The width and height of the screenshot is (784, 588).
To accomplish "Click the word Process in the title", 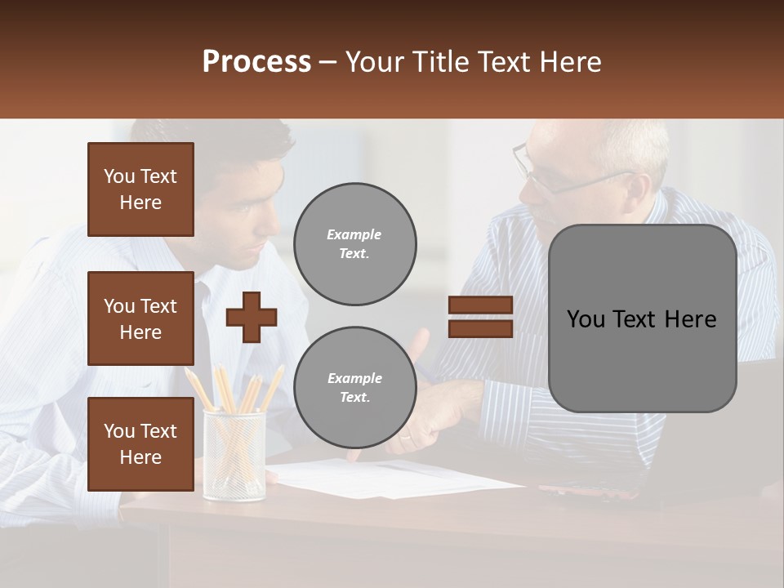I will (x=256, y=62).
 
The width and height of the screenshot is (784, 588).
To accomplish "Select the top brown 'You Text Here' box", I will (x=140, y=189).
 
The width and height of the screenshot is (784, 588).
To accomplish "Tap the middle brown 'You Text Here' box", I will (x=140, y=318).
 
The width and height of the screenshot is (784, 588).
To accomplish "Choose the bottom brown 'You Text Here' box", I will (x=140, y=443).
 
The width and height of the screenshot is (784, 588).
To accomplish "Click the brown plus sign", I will (x=251, y=317).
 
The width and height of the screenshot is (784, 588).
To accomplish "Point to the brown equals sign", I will (x=480, y=317).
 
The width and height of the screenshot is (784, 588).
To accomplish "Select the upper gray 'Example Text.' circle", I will (x=354, y=243).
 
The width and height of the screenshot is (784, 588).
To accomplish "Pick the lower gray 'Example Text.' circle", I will (x=354, y=387).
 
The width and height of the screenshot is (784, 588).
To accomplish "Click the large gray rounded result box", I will (x=642, y=318).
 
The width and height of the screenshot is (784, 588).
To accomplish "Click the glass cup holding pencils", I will (x=234, y=457).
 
